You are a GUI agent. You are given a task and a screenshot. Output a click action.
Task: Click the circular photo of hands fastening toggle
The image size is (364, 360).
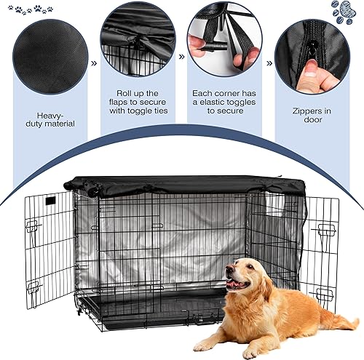tap(226, 40)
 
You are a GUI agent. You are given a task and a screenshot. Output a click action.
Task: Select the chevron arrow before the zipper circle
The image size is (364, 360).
tap(269, 64)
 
